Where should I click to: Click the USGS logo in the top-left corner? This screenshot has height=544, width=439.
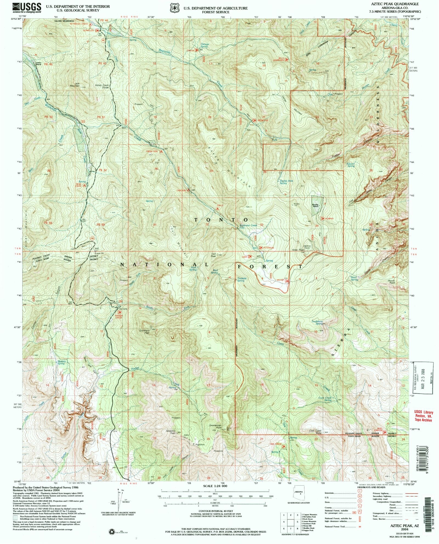click(27, 7)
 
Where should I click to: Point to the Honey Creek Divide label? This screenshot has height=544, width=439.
click(102, 86)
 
